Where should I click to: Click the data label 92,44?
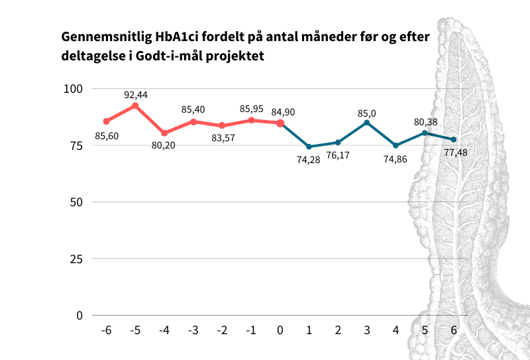[136, 95]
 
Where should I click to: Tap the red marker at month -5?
[135, 105]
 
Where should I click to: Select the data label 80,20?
[164, 145]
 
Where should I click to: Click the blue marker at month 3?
[366, 123]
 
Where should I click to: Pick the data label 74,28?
[309, 159]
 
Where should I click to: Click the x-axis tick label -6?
[106, 330]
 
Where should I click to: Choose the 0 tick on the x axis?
[280, 330]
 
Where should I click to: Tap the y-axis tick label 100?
[72, 89]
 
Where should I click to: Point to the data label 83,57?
[222, 138]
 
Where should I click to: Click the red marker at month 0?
[280, 123]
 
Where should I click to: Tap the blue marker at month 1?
[309, 147]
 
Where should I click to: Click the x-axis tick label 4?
[396, 330]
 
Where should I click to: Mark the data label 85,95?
[251, 108]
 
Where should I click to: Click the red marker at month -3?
[193, 121]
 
